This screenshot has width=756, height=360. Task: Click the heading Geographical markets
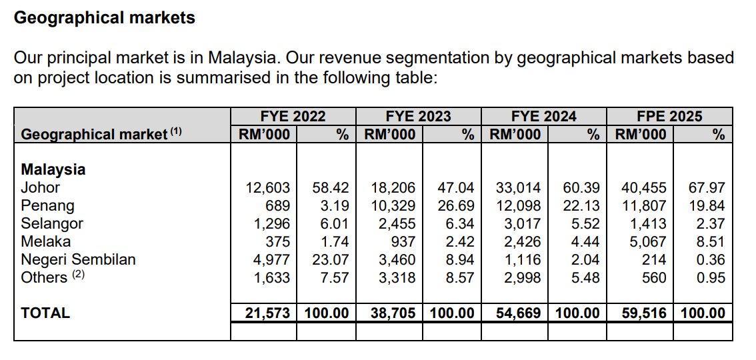(105, 18)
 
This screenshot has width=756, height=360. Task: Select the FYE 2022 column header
(293, 117)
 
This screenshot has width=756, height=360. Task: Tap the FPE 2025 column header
(669, 117)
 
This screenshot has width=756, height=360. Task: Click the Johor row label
(41, 188)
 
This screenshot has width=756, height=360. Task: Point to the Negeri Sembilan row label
(79, 260)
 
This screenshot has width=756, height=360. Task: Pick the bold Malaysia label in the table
(53, 170)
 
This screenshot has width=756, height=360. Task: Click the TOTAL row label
(45, 313)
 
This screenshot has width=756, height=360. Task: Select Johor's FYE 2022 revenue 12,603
(269, 188)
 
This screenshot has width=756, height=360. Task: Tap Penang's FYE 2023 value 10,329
(394, 206)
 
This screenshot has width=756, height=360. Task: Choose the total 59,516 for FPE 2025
(644, 313)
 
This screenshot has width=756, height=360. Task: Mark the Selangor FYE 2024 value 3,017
(522, 224)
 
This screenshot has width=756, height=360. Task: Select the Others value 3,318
(397, 278)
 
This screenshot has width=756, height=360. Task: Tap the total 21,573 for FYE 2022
(268, 313)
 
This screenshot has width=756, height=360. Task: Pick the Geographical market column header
(93, 135)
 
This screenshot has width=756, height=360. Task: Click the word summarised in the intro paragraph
(189, 77)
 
